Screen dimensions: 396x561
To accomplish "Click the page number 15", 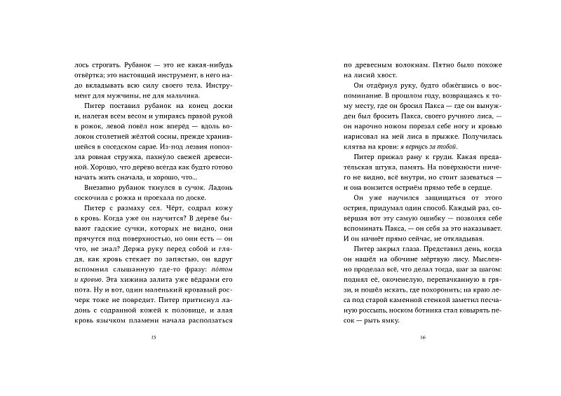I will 153,337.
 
